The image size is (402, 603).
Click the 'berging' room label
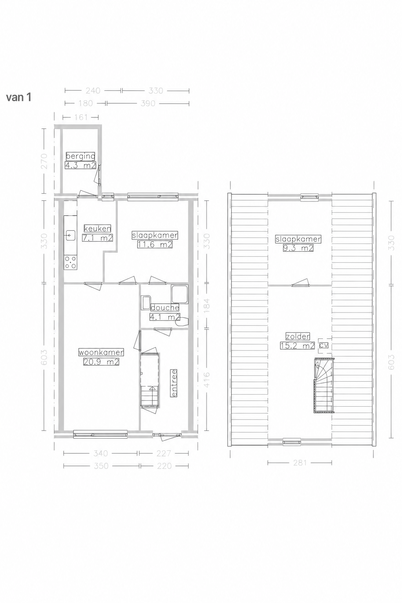pyautogui.click(x=80, y=156)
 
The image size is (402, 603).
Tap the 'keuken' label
pyautogui.click(x=97, y=228)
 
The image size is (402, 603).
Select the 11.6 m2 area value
pyautogui.click(x=155, y=245)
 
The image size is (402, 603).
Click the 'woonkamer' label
pyautogui.click(x=101, y=352)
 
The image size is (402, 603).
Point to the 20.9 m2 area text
pyautogui.click(x=101, y=362)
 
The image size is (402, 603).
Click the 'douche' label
pyautogui.click(x=164, y=307)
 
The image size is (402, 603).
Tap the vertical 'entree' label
pyautogui.click(x=174, y=383)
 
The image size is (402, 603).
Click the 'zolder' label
pyautogui.click(x=298, y=336)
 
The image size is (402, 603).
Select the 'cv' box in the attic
pyautogui.click(x=323, y=345)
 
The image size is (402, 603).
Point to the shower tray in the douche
pyautogui.click(x=180, y=294)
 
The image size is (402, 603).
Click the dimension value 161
pyautogui.click(x=81, y=117)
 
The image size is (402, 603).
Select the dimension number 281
pyautogui.click(x=300, y=462)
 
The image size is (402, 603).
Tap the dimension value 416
pyautogui.click(x=206, y=380)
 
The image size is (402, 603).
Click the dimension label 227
pyautogui.click(x=163, y=453)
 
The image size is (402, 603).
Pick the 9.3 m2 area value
pyautogui.click(x=298, y=248)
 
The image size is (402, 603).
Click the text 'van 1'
pyautogui.click(x=18, y=97)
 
